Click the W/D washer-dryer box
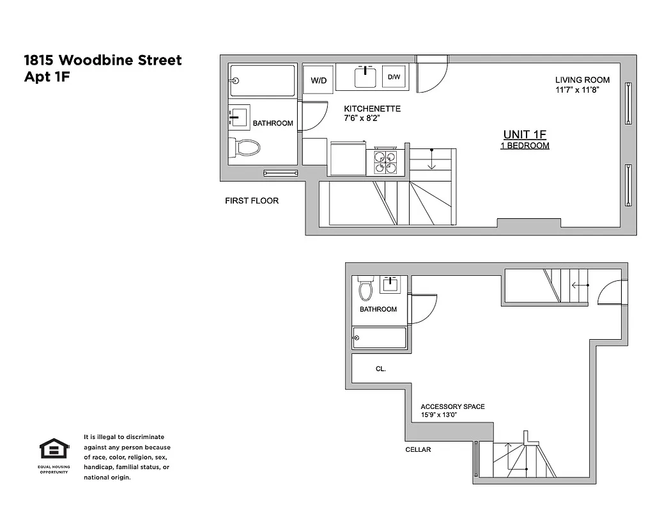click(x=318, y=80)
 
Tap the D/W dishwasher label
click(x=394, y=77)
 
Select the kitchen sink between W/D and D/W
click(x=366, y=77)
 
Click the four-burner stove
click(x=386, y=161)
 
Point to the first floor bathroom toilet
click(x=247, y=148)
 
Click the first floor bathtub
click(x=263, y=81)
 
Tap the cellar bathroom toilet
click(x=366, y=289)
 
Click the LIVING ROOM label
click(x=582, y=80)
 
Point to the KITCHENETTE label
click(x=372, y=109)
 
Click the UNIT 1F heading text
click(x=525, y=134)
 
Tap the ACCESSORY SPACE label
click(x=452, y=406)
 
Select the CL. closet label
click(x=381, y=369)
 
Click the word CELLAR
click(x=418, y=449)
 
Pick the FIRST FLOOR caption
click(x=252, y=200)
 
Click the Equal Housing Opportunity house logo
click(x=54, y=449)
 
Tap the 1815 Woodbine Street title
click(x=103, y=60)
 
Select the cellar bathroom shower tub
click(x=380, y=337)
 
